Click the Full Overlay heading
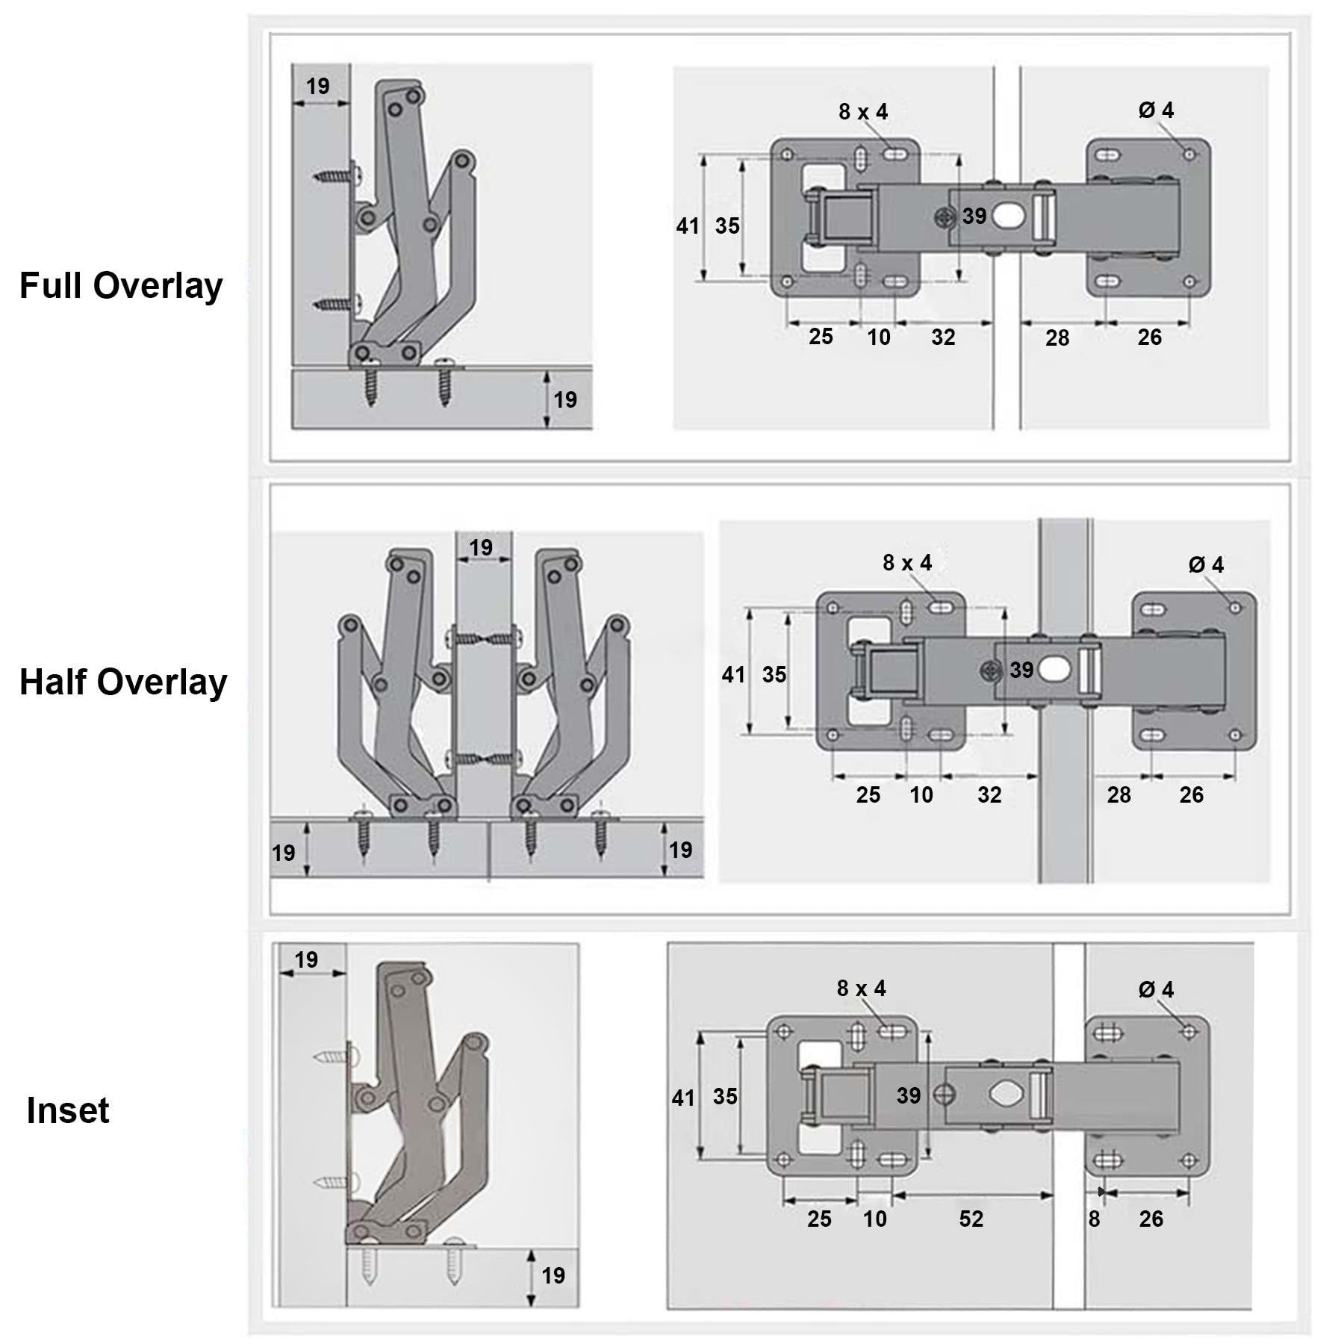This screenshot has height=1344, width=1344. [121, 287]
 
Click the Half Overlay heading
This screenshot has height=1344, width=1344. [123, 683]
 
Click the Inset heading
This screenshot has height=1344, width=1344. [68, 1110]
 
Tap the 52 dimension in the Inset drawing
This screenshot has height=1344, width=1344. [971, 1219]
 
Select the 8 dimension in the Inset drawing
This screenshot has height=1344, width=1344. [1094, 1219]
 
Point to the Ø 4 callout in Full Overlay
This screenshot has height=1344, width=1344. [1156, 111]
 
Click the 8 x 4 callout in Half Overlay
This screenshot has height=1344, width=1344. [907, 562]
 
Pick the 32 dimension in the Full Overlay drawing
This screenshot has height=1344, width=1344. [943, 337]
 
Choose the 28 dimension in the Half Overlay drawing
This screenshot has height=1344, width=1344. [1119, 794]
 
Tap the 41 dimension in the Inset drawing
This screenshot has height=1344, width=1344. [683, 1098]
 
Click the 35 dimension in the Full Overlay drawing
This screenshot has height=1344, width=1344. [727, 225]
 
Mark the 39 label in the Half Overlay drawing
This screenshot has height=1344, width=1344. [1021, 670]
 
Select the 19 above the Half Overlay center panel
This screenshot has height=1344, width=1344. [481, 547]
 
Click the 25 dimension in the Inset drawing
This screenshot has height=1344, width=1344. [819, 1219]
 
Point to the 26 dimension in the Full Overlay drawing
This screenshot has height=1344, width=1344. [1150, 337]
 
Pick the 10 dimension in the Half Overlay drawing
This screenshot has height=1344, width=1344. [921, 794]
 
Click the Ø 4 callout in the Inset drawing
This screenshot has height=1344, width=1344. [1156, 990]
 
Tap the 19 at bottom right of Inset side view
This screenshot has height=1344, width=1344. [553, 1275]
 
